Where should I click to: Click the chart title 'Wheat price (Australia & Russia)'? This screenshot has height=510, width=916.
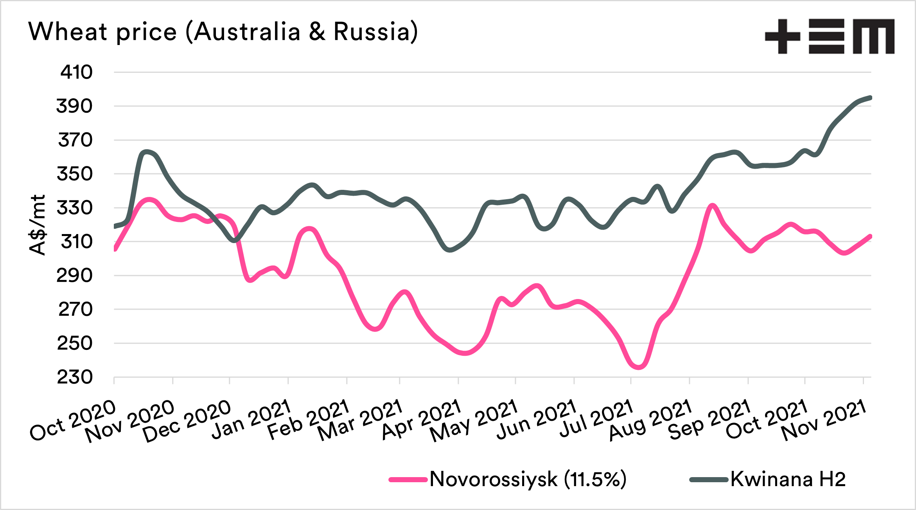[223, 31]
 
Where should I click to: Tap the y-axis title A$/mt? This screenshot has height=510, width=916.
[38, 225]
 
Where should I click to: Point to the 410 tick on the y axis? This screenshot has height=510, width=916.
[76, 72]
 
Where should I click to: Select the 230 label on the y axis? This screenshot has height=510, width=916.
[75, 377]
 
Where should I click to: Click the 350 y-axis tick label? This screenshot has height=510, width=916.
[75, 174]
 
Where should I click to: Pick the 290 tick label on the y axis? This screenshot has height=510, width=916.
[75, 276]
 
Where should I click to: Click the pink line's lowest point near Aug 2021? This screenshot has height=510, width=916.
[638, 367]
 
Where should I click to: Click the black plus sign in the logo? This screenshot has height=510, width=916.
[782, 36]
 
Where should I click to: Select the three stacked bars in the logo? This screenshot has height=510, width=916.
[826, 36]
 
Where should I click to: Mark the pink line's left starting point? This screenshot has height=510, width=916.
[115, 249]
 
